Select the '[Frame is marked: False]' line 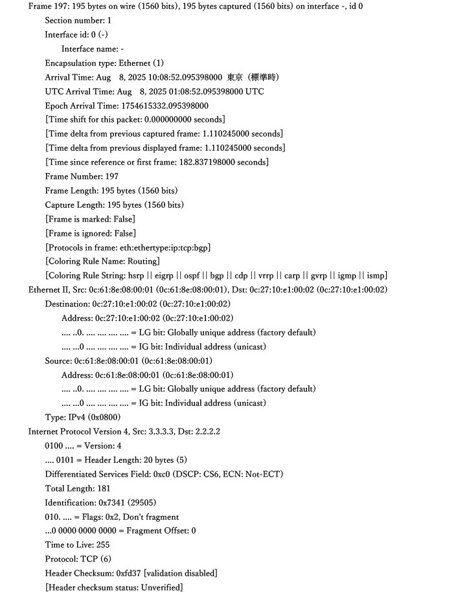[x=90, y=219]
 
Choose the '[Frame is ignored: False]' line [x=90, y=233]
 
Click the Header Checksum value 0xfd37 [x=129, y=573]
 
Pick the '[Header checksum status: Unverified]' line [x=113, y=587]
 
